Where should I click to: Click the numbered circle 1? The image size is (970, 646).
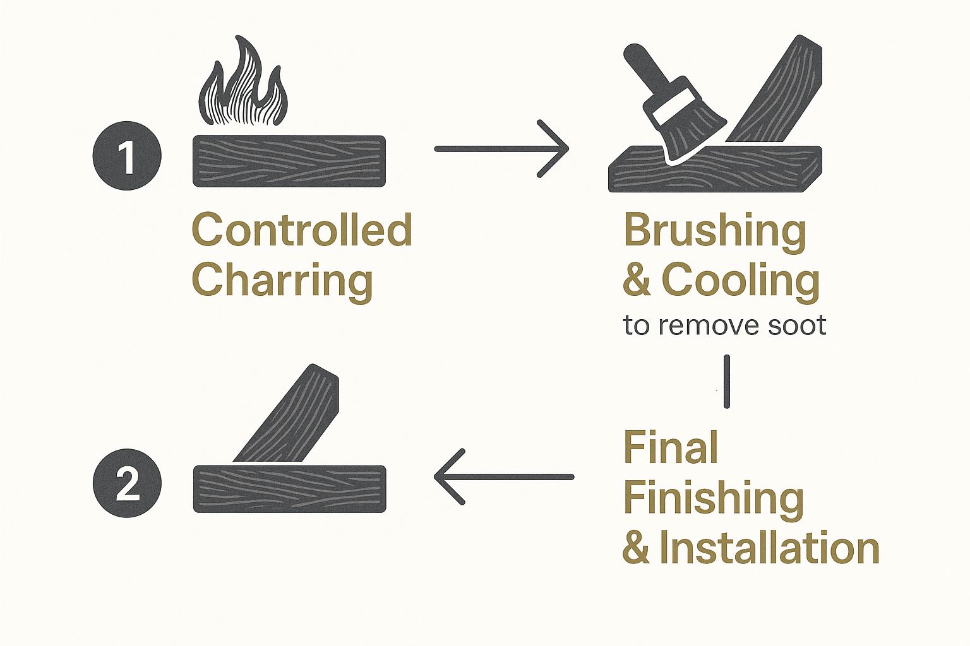[x=127, y=156]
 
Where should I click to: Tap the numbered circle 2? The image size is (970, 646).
[x=128, y=483]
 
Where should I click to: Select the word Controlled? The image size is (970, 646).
[x=302, y=230]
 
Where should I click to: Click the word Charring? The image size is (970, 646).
[x=282, y=280]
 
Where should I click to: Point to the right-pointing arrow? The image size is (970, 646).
[x=501, y=148]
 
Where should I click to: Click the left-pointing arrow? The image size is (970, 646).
[x=504, y=477]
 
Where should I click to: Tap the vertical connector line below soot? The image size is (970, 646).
[x=727, y=382]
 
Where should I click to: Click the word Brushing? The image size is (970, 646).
[x=715, y=233]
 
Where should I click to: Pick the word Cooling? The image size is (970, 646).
[x=741, y=283]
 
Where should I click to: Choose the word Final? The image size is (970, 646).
[x=671, y=447]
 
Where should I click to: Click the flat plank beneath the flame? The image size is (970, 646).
[x=289, y=161]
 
